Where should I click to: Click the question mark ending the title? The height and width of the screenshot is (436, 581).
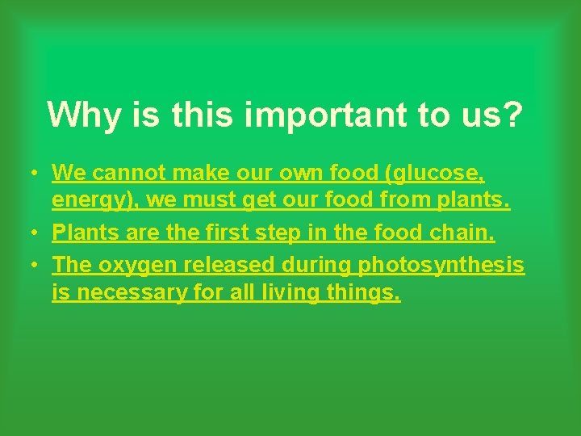coord(512,115)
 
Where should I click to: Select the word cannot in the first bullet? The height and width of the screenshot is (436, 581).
coord(119,173)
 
